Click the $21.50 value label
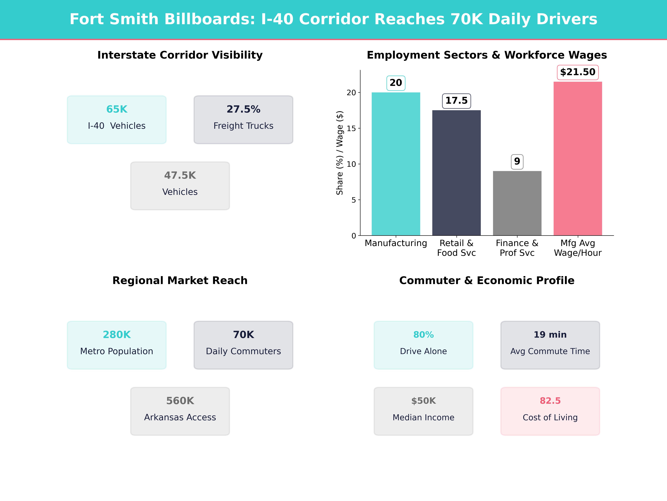click(x=578, y=72)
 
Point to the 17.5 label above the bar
click(x=456, y=101)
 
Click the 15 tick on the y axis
click(x=351, y=128)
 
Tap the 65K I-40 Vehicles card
click(x=117, y=120)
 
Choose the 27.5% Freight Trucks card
click(x=243, y=120)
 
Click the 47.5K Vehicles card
click(x=180, y=186)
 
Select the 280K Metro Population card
click(x=117, y=345)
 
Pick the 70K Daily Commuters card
click(x=243, y=345)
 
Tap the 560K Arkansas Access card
click(x=180, y=411)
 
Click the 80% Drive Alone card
click(x=423, y=345)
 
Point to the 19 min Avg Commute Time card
click(x=550, y=345)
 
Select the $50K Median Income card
click(x=423, y=411)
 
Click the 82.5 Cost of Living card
click(x=550, y=411)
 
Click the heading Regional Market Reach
click(x=180, y=281)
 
